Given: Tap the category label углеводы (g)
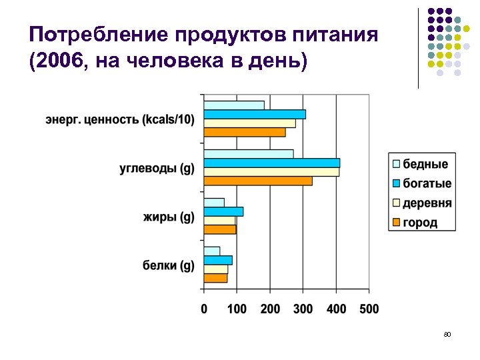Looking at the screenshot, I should tap(157, 168).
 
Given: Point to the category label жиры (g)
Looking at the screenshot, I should tap(169, 217).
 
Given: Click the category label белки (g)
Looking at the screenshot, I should tap(169, 265).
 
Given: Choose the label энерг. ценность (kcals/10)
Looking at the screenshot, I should tap(121, 120).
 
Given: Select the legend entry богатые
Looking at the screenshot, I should tap(427, 183).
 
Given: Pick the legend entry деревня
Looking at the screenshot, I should tap(427, 203).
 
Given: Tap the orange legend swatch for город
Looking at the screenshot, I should tap(396, 222).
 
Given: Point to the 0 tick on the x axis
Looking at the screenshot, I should tap(204, 309).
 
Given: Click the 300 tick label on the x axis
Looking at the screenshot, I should tap(303, 309).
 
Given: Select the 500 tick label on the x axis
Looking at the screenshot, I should tap(369, 309).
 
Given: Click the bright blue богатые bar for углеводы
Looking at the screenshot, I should tap(271, 163).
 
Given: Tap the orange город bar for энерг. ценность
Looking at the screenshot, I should tap(244, 132).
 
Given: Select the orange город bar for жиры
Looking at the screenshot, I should tap(220, 229).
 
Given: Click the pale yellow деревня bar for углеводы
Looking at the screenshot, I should tap(271, 172).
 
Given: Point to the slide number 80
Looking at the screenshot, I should tap(448, 333).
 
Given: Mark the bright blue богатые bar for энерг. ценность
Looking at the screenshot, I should tap(255, 114).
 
